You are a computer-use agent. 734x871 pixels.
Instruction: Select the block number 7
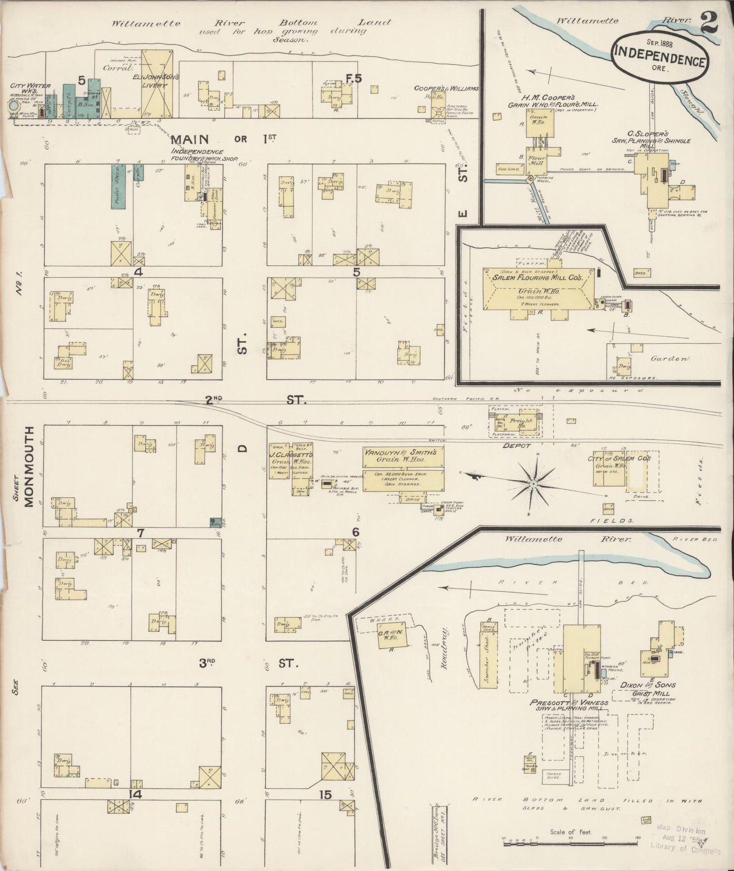(x=141, y=533)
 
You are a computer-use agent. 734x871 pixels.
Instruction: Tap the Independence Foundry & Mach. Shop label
(x=198, y=155)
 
